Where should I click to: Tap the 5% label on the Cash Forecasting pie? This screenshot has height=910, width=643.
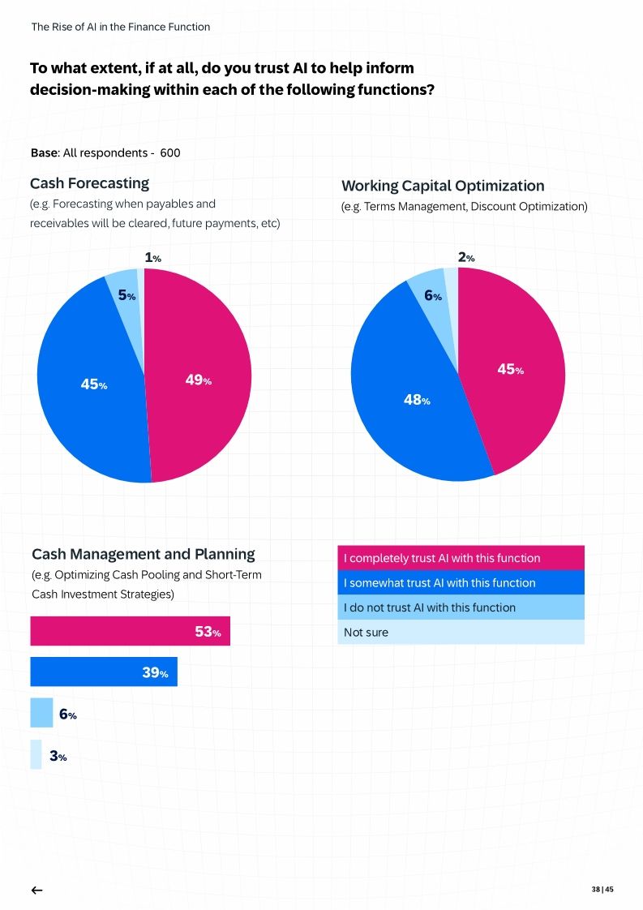(x=126, y=296)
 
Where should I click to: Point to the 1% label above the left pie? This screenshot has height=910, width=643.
(x=152, y=258)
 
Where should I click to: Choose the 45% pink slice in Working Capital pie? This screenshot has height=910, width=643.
(x=509, y=369)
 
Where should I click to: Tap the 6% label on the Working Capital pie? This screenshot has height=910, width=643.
(x=432, y=296)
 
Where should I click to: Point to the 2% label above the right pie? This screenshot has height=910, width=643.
(x=465, y=258)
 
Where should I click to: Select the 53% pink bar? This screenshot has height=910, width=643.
(x=130, y=631)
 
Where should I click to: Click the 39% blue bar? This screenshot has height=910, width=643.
(x=103, y=672)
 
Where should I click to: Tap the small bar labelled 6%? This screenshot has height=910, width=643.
(x=41, y=713)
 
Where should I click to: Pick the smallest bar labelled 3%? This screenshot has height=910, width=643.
(x=36, y=754)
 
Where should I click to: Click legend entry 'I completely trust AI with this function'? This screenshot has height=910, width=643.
(x=460, y=558)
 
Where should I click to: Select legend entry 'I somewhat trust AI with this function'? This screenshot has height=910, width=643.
(x=460, y=582)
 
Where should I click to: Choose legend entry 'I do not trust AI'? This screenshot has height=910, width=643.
(x=460, y=607)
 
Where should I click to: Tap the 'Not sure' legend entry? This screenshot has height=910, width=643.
(x=460, y=632)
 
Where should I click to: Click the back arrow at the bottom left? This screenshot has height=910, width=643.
(x=36, y=890)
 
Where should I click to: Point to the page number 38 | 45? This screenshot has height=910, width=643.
(x=602, y=890)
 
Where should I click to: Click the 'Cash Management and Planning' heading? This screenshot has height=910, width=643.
(x=143, y=555)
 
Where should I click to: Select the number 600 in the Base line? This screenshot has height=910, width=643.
(x=170, y=153)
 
